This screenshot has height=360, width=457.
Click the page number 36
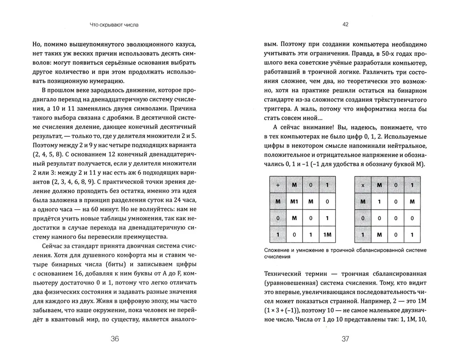(x=115, y=339)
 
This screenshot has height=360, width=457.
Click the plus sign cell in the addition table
(x=276, y=185)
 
